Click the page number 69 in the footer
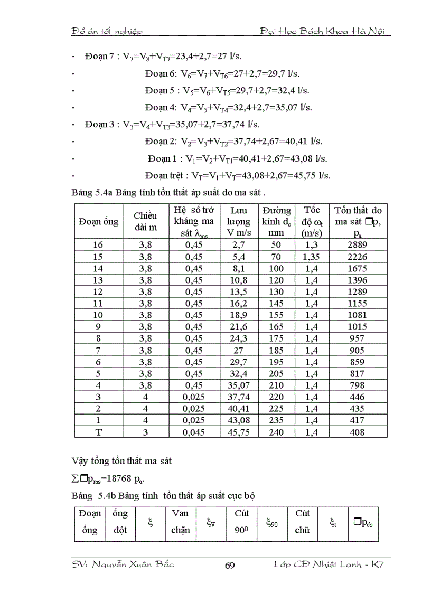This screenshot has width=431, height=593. coord(230,566)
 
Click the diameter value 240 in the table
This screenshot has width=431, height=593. coord(276,432)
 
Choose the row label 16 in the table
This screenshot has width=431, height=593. coord(98,244)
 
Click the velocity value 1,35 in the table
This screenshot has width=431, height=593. coord(312,256)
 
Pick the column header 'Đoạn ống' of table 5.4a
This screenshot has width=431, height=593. coord(99,221)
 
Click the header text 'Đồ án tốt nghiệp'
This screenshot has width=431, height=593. coord(107,31)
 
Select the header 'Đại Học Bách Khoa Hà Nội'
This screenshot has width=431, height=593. coord(325,31)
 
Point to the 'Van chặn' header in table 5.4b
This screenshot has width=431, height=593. coord(181,522)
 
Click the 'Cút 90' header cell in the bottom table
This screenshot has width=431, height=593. coord(241,522)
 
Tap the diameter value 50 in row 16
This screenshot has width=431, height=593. coord(276,244)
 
